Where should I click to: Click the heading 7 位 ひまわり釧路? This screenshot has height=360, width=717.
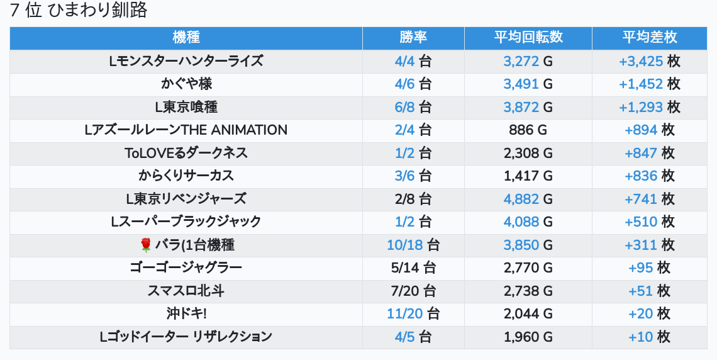tap(79, 11)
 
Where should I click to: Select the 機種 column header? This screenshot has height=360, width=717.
tap(186, 38)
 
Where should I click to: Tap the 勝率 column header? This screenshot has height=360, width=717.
tap(413, 38)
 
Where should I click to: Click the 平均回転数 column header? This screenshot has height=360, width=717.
tap(528, 38)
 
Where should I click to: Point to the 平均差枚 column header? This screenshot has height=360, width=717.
tap(650, 38)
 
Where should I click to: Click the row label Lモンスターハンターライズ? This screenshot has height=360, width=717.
tap(186, 61)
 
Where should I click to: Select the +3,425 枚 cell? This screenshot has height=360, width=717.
tap(650, 61)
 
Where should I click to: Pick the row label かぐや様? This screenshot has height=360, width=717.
tap(186, 84)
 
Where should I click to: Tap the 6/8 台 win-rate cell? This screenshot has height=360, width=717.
tap(413, 107)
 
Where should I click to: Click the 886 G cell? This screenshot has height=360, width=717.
tap(528, 130)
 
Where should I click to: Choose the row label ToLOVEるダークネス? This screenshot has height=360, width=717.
tap(186, 153)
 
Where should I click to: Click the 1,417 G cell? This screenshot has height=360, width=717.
tap(528, 176)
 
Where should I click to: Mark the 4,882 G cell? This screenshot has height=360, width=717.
tap(528, 199)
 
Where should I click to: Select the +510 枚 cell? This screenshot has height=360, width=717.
tap(650, 222)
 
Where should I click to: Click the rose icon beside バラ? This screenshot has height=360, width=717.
tap(146, 245)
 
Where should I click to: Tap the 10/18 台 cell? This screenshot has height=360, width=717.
tap(413, 245)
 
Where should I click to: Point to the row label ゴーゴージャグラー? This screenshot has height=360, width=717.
tap(186, 267)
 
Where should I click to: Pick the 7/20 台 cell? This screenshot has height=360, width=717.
tap(413, 291)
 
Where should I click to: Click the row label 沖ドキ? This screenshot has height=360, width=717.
tap(186, 313)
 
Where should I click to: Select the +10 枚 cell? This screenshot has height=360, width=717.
tap(650, 337)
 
